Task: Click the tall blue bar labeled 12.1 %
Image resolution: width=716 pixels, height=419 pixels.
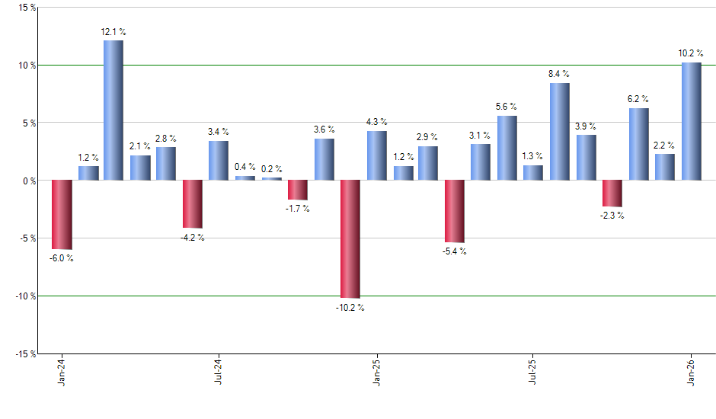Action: click(113, 110)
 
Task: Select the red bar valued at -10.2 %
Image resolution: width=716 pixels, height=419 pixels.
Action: click(350, 238)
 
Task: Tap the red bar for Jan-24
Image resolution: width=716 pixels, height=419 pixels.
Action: click(61, 215)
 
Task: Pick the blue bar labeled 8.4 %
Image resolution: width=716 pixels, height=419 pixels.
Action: click(559, 132)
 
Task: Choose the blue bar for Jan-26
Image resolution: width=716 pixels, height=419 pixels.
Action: click(691, 121)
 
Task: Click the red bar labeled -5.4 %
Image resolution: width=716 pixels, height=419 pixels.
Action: click(455, 211)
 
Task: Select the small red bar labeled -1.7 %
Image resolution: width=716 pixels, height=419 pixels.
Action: click(297, 190)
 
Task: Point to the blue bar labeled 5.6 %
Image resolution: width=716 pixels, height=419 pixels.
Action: click(507, 148)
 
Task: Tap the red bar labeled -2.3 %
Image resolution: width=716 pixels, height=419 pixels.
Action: click(612, 194)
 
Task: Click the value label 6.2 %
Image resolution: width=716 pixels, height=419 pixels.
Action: click(638, 99)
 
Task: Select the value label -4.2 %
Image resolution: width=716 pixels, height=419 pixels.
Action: click(192, 238)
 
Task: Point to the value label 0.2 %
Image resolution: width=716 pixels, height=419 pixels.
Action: click(271, 169)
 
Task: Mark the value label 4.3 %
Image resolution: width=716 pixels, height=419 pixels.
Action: click(376, 122)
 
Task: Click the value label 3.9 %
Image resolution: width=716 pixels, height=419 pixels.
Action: click(586, 126)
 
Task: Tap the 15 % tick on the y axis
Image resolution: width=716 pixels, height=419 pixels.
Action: click(26, 8)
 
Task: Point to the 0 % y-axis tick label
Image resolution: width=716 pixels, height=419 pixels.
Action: click(28, 181)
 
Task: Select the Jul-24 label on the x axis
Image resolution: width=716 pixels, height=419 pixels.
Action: click(219, 373)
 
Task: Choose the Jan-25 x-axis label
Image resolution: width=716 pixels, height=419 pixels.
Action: click(376, 373)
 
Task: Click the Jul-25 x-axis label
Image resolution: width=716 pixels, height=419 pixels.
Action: click(533, 373)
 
